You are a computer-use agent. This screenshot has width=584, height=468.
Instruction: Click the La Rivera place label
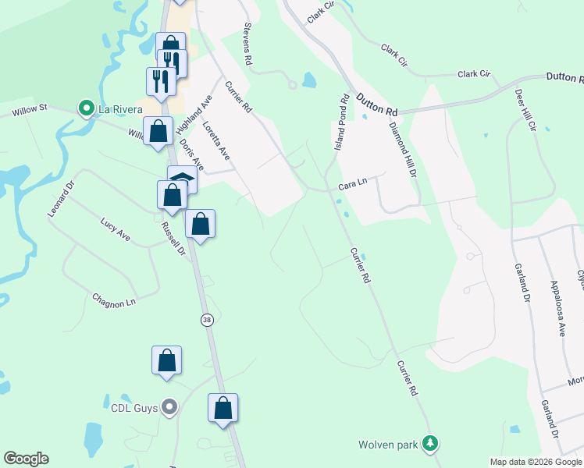click(x=119, y=109)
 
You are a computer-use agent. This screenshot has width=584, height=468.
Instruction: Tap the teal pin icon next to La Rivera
click(x=86, y=108)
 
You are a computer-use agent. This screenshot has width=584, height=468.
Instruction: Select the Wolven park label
click(x=388, y=445)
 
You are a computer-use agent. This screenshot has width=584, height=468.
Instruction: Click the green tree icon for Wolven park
click(x=429, y=444)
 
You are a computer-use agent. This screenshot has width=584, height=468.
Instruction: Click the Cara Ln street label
click(x=352, y=186)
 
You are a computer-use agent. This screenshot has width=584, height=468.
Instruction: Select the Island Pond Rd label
click(x=341, y=122)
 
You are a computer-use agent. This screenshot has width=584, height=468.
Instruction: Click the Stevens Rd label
click(x=248, y=43)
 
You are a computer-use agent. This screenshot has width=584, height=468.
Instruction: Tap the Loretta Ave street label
click(x=215, y=140)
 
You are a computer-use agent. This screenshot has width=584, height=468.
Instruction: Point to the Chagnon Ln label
click(x=114, y=300)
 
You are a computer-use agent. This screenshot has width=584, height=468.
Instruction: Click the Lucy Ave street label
click(x=115, y=230)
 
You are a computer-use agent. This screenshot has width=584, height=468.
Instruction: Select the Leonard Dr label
click(x=59, y=200)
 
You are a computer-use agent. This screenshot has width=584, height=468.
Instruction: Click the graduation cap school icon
click(x=182, y=178)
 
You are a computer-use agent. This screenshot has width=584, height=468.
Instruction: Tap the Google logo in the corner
click(x=26, y=459)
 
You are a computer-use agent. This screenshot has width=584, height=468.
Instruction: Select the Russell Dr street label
click(x=173, y=239)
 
